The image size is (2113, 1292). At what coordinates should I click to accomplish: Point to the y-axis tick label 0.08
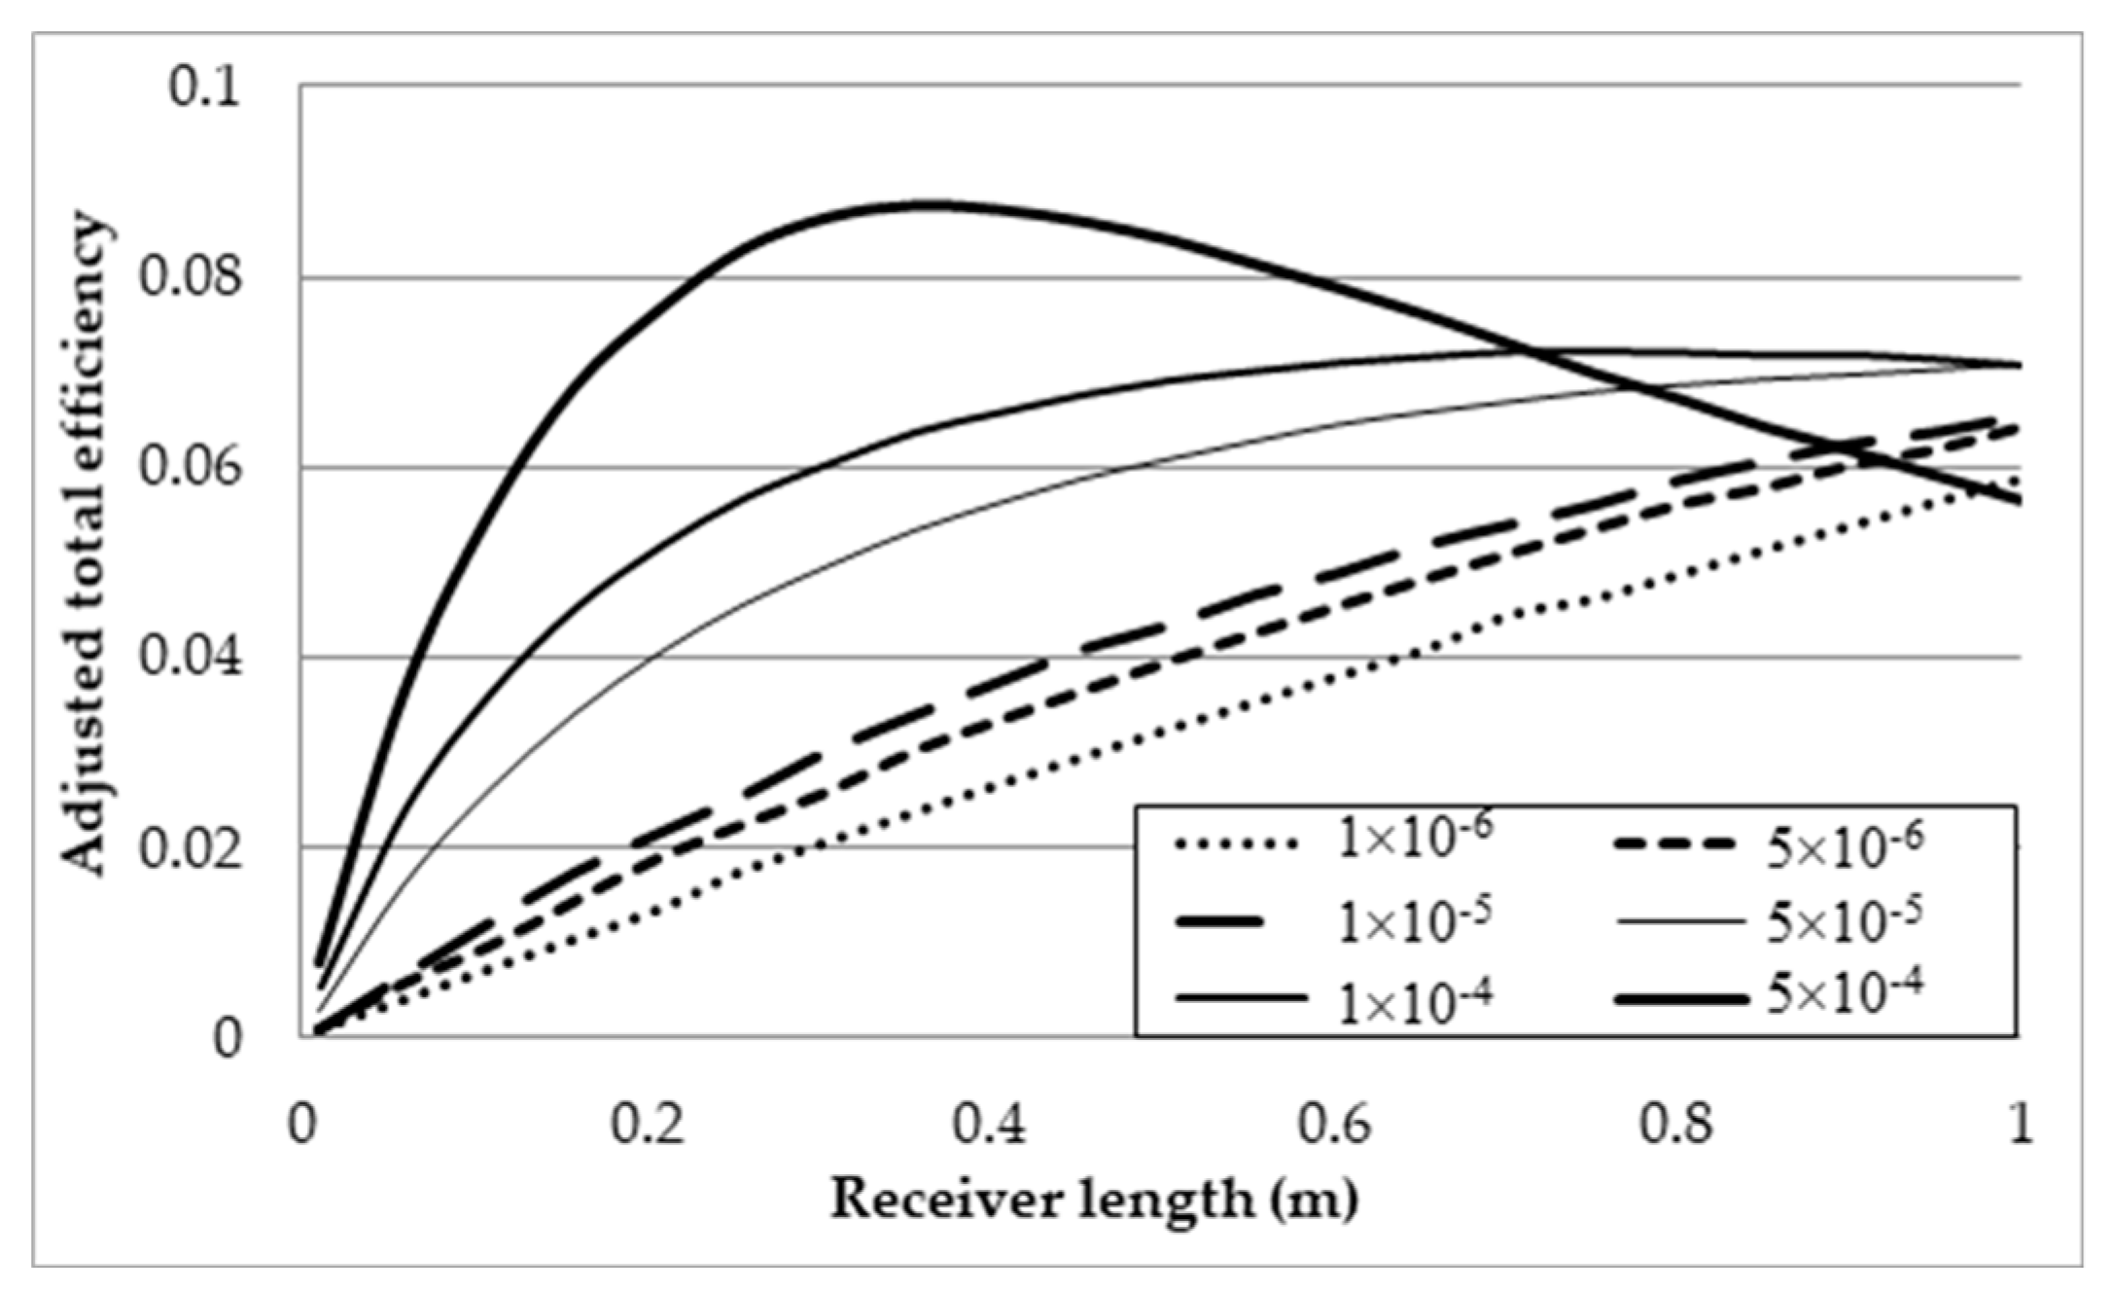[x=190, y=276]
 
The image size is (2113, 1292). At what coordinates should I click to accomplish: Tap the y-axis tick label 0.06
[x=190, y=466]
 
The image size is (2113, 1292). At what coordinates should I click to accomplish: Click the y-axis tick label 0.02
[x=190, y=847]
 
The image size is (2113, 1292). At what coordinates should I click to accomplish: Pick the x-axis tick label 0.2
[x=647, y=1125]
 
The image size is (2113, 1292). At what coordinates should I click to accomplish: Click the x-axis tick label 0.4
[x=990, y=1125]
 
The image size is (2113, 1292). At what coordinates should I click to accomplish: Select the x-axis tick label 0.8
[x=1676, y=1125]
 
